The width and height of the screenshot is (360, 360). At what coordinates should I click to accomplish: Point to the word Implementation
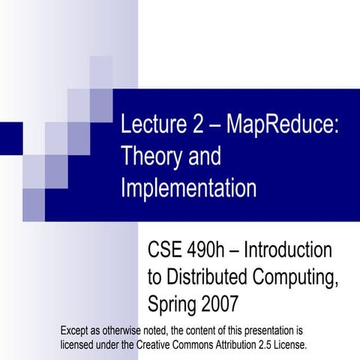[x=188, y=187]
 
